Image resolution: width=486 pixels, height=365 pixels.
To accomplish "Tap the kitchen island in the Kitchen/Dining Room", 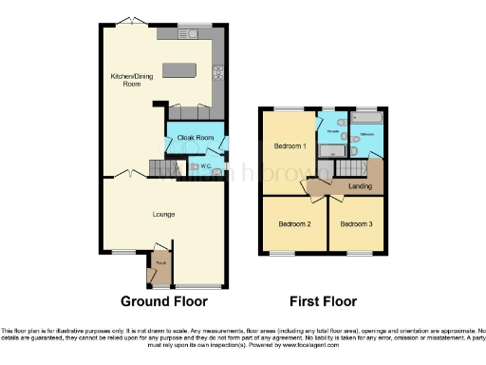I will click(178, 70).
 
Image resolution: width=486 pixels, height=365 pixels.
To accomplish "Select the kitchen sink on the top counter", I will click(185, 34).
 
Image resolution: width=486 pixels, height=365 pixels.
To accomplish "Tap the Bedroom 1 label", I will click(290, 146).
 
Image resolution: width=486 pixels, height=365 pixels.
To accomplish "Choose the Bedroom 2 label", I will click(294, 224).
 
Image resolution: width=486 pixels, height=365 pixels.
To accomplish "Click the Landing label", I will click(360, 186).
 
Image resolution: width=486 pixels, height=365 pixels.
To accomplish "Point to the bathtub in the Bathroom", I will click(365, 121).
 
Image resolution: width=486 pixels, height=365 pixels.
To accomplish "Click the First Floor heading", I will click(323, 301).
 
